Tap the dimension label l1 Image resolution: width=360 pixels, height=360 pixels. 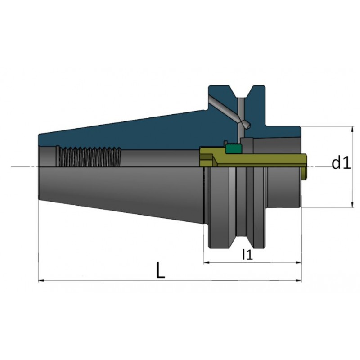248,254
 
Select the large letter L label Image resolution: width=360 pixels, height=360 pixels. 160,270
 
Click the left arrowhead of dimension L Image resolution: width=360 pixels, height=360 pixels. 40,280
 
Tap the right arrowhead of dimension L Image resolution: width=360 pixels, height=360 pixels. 299,280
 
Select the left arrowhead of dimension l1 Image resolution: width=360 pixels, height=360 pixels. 207,262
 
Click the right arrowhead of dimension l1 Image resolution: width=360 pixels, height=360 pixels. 299,262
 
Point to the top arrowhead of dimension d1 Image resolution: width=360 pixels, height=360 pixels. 352,129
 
